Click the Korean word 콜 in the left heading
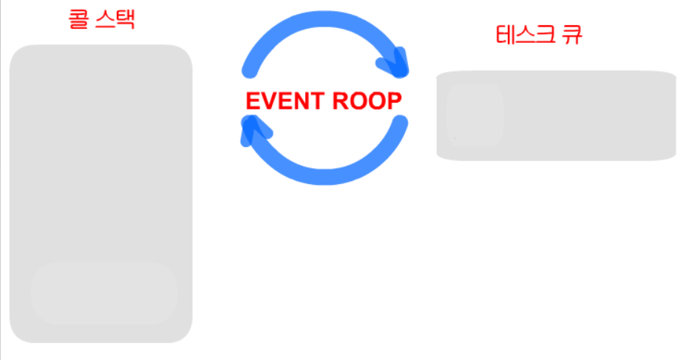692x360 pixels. coord(78,19)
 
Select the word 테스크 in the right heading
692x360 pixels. coord(523,35)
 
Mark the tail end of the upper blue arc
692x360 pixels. coord(248,72)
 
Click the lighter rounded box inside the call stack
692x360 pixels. coord(104,293)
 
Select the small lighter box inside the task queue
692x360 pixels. coord(475,115)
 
